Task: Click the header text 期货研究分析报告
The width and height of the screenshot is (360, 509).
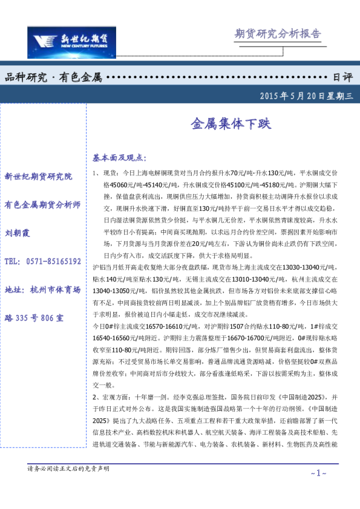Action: click(x=277, y=34)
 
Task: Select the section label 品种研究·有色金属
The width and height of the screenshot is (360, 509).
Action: click(x=53, y=78)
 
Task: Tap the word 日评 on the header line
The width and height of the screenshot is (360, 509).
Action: click(x=343, y=78)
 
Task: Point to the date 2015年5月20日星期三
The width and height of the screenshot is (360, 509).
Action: click(x=309, y=96)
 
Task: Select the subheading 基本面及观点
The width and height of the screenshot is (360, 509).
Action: click(x=119, y=158)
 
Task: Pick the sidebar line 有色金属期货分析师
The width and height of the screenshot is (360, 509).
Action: click(x=42, y=205)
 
